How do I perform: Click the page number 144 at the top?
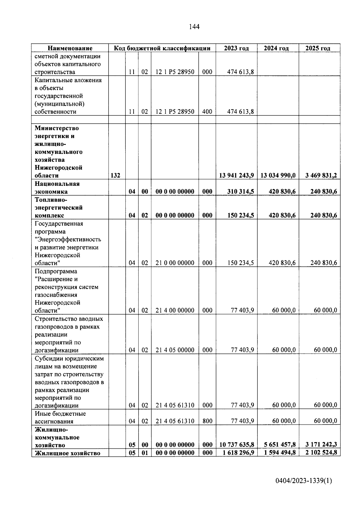coord(194,27)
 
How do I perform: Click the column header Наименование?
coord(70,48)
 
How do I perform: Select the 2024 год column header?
coord(276,48)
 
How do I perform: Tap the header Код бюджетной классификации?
coord(162,48)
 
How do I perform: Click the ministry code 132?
coord(115,175)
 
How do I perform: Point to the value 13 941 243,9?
coord(236,175)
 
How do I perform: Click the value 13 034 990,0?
coord(278,175)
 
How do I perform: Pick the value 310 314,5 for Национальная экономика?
coord(241,191)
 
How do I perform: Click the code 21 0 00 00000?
coord(175,263)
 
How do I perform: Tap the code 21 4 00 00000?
coord(175,310)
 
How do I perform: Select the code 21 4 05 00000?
coord(175,350)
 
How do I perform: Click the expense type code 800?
coord(207,421)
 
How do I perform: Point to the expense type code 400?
coord(207,112)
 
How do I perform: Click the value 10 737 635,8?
coord(237,445)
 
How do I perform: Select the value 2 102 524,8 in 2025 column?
coord(321,453)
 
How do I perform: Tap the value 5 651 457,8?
coord(280,445)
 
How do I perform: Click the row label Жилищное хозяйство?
coord(67,453)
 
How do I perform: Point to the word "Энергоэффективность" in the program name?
coord(68,239)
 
